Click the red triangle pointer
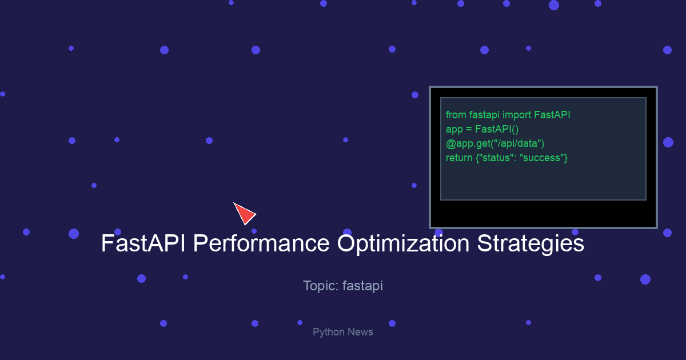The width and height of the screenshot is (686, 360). [245, 213]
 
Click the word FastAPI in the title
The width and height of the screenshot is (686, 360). [143, 243]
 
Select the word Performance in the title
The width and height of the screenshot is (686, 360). [261, 243]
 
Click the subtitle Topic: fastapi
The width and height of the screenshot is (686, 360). [343, 286]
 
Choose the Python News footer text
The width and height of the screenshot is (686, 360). [342, 332]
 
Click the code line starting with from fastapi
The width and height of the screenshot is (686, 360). [508, 115]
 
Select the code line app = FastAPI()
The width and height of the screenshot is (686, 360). [482, 130]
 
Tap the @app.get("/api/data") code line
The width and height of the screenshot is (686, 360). [495, 144]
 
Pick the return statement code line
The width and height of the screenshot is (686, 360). [507, 158]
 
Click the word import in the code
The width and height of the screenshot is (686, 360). [517, 115]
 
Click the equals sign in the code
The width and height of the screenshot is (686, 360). [469, 130]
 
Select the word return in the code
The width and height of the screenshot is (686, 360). [459, 158]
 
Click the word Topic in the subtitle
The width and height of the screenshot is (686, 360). [321, 286]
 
